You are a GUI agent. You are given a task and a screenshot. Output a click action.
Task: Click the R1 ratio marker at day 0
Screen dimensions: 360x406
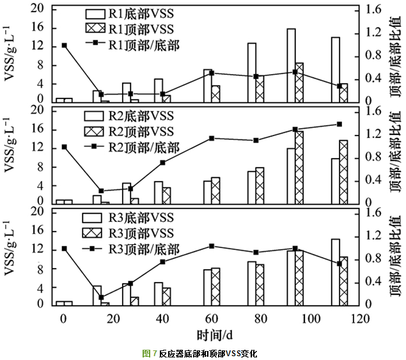[x=64, y=45]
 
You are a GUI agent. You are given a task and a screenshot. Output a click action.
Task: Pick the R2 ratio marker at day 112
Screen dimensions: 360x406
[x=340, y=124]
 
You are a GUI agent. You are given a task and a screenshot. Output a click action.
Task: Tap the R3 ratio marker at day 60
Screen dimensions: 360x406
[x=212, y=246]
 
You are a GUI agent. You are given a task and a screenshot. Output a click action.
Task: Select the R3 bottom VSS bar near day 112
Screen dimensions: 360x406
[x=335, y=271]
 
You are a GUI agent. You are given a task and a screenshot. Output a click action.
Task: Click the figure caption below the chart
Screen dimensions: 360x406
[x=203, y=353]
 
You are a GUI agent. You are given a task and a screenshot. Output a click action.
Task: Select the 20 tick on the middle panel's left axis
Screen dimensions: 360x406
[x=38, y=111]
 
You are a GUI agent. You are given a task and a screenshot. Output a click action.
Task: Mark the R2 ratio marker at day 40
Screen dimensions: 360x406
[x=162, y=162]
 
